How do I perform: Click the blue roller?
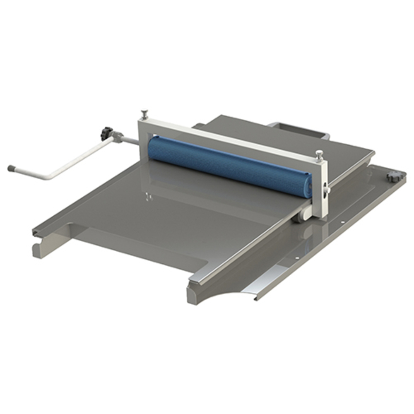[228, 164]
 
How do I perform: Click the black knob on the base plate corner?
[391, 177]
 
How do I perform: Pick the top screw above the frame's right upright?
[319, 154]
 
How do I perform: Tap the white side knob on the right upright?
[327, 189]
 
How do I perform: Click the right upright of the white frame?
[322, 190]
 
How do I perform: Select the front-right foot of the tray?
[192, 292]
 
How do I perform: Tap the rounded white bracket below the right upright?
[304, 215]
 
